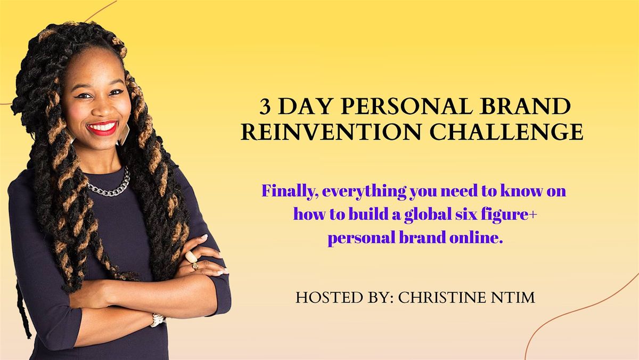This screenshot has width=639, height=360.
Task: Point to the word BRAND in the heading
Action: point(533,108)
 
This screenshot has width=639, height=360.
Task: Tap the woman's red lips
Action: point(102,128)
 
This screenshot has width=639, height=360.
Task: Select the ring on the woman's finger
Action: point(192,258)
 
